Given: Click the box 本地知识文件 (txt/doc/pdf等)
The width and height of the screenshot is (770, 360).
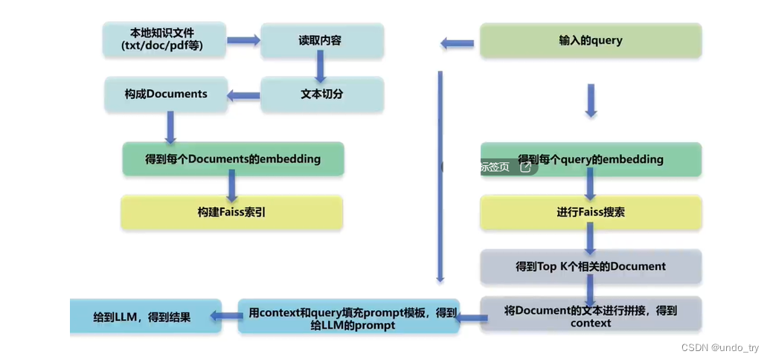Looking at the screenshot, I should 164,40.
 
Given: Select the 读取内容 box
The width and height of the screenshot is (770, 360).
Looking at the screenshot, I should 321,40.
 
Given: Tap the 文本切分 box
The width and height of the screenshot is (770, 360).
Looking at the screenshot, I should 321,94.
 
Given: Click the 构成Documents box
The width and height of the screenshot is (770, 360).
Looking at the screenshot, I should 165,94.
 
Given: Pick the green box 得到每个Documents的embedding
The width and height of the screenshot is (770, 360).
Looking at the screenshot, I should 233,158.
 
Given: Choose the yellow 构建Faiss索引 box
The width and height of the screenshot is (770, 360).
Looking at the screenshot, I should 231,212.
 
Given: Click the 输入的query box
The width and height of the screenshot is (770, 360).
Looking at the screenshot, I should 590,40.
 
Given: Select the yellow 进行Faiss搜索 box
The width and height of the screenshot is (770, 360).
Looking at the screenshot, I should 591,212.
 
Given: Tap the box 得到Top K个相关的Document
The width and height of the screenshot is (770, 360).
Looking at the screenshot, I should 591,266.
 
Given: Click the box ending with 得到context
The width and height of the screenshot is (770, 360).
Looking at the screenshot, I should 591,315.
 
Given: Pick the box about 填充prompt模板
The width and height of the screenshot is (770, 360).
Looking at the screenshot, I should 348,316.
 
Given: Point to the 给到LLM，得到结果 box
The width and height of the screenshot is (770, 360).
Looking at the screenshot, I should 145,316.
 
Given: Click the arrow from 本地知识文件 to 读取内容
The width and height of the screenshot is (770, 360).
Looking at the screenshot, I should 243,39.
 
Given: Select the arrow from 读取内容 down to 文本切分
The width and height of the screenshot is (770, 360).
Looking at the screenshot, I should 321,68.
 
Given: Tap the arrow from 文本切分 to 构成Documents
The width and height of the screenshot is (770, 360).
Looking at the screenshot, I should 243,94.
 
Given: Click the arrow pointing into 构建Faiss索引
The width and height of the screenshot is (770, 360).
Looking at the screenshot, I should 231,185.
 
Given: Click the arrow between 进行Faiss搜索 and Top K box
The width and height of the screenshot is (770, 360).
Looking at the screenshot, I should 591,239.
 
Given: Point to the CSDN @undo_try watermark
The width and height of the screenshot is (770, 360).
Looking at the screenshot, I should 719,348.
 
